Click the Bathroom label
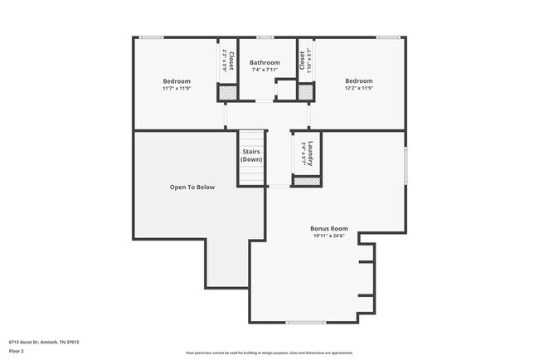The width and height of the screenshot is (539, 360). [265, 62]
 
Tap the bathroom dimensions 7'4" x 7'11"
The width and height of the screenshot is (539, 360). [265, 70]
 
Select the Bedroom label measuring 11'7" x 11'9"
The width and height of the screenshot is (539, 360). [177, 80]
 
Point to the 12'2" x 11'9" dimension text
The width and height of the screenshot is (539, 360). [359, 87]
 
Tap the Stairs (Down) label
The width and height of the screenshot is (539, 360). [252, 155]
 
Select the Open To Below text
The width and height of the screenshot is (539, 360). [192, 187]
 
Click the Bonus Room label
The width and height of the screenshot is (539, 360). [329, 229]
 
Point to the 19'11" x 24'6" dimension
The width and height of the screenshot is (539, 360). [329, 236]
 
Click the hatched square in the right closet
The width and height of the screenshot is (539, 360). [304, 94]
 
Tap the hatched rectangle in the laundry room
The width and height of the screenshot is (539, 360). [307, 181]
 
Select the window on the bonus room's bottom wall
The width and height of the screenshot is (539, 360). [305, 322]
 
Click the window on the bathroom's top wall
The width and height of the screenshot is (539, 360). [265, 36]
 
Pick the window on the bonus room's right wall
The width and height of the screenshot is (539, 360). [405, 165]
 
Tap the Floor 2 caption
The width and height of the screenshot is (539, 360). [17, 352]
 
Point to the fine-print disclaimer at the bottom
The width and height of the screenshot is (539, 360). [269, 352]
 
